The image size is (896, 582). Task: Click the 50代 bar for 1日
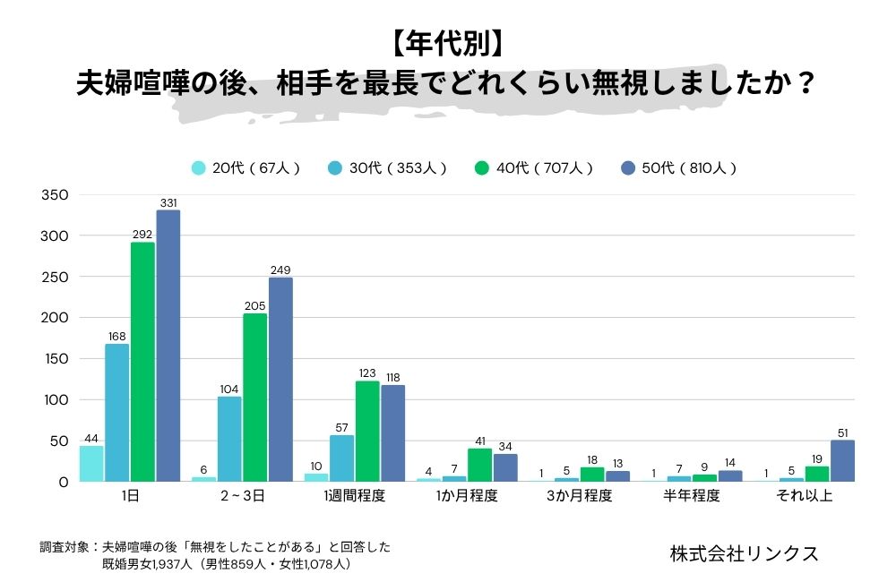168,346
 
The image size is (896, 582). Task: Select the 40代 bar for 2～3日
255,398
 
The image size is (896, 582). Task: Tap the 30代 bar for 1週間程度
342,458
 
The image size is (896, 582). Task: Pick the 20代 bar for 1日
91,464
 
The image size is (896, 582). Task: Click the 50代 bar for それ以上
842,461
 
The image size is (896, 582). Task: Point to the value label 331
168,203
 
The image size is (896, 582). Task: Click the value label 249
280,270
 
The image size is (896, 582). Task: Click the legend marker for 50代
628,167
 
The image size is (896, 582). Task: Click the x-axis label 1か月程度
467,496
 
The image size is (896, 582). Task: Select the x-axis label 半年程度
692,496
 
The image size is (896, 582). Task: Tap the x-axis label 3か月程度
580,496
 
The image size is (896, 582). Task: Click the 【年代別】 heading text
447,42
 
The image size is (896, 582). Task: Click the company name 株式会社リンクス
744,553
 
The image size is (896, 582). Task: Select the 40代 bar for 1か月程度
480,465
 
